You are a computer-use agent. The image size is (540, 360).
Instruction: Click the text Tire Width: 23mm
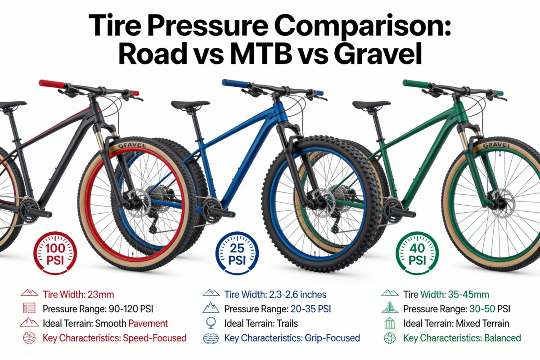point(78,295)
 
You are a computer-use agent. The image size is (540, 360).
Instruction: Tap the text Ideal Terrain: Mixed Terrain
point(456,324)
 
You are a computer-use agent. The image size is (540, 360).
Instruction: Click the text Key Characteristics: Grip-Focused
point(292,338)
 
